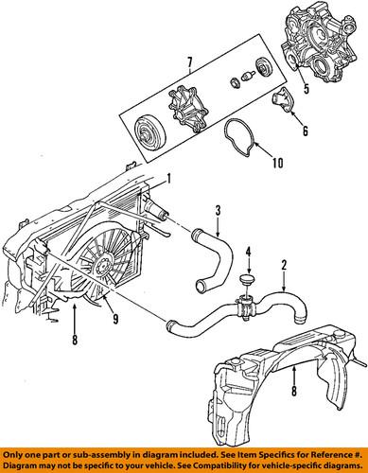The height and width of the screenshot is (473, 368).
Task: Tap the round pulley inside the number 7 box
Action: pyautogui.click(x=149, y=130)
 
